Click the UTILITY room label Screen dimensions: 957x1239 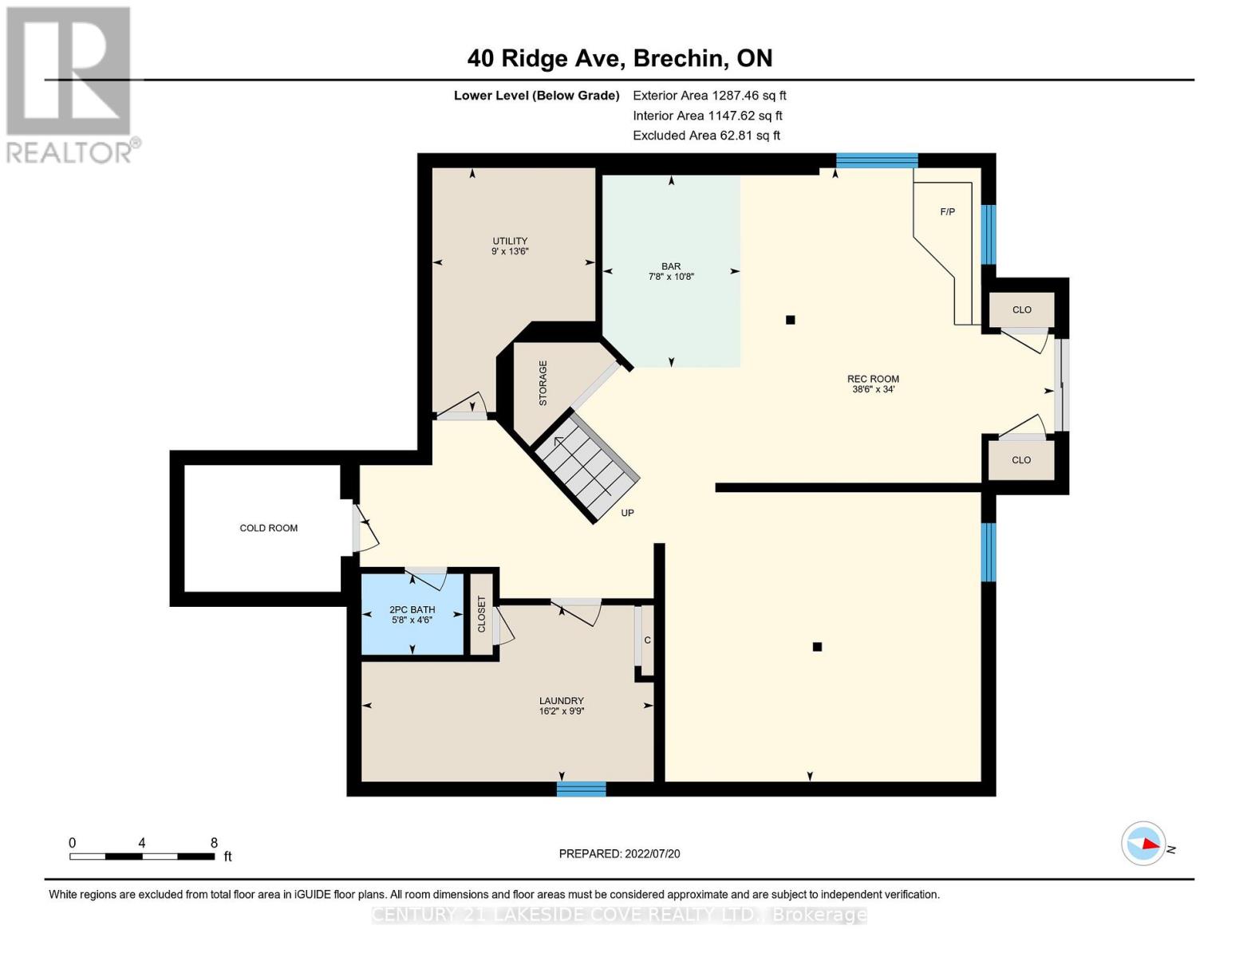click(510, 246)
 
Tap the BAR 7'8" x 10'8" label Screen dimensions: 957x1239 click(671, 271)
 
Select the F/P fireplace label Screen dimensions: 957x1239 click(947, 212)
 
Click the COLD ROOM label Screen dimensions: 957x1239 click(269, 528)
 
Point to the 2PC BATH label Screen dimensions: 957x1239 click(412, 614)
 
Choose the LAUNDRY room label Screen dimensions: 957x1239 click(561, 706)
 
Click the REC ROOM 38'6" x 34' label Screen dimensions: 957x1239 click(873, 384)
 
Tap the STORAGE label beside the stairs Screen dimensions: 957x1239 click(543, 383)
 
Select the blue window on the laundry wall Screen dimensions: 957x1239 click(581, 789)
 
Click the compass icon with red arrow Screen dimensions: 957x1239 click(1143, 843)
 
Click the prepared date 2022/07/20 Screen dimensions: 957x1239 click(619, 853)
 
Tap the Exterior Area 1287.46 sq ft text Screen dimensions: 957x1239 click(709, 95)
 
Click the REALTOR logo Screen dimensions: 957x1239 click(70, 84)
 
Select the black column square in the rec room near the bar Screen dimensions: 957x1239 click(790, 320)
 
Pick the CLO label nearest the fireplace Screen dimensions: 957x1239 click(1021, 309)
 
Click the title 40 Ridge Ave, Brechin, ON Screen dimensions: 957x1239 click(619, 58)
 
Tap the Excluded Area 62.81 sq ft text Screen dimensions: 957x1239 click(706, 136)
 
